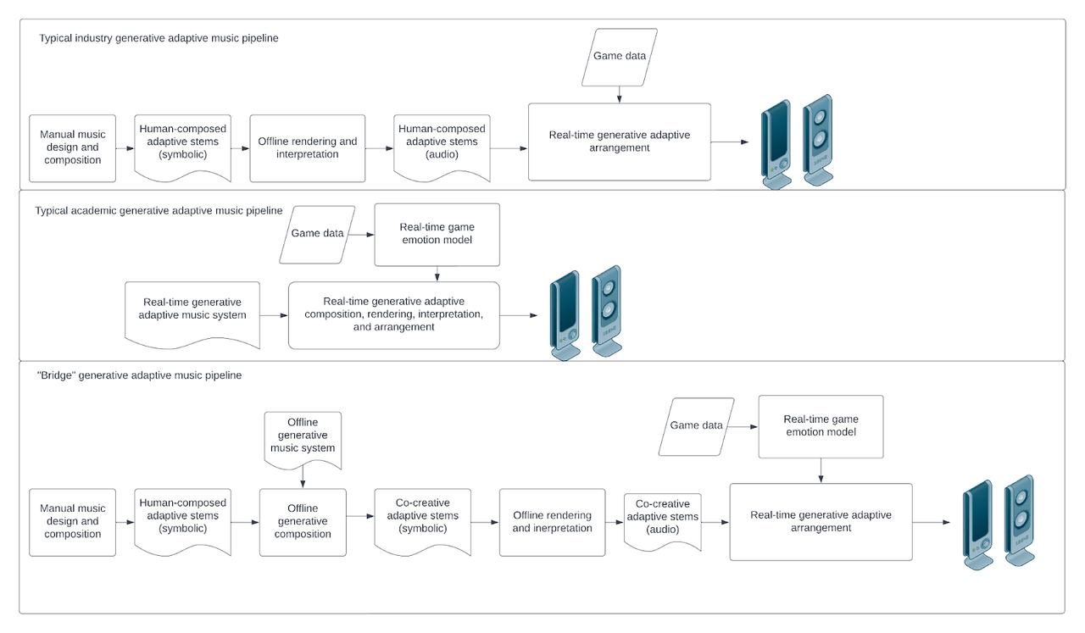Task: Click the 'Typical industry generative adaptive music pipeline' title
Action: pyautogui.click(x=159, y=38)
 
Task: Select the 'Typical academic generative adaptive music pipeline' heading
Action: pyautogui.click(x=159, y=210)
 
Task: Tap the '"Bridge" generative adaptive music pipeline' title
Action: pyautogui.click(x=140, y=375)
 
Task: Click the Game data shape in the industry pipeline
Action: pyautogui.click(x=619, y=57)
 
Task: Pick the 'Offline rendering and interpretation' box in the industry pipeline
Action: pyautogui.click(x=308, y=148)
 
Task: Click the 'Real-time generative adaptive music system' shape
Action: pyautogui.click(x=192, y=311)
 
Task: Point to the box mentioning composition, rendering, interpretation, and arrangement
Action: pyautogui.click(x=393, y=314)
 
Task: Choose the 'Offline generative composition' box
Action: pyautogui.click(x=303, y=522)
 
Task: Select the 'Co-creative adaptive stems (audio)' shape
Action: pyautogui.click(x=663, y=519)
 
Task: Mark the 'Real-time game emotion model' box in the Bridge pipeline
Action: pyautogui.click(x=821, y=426)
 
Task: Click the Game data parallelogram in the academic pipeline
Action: pyautogui.click(x=317, y=234)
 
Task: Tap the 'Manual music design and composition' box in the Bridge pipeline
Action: pyautogui.click(x=72, y=522)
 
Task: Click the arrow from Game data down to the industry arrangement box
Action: pyautogui.click(x=619, y=95)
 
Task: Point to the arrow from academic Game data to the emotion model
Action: pyautogui.click(x=364, y=234)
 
